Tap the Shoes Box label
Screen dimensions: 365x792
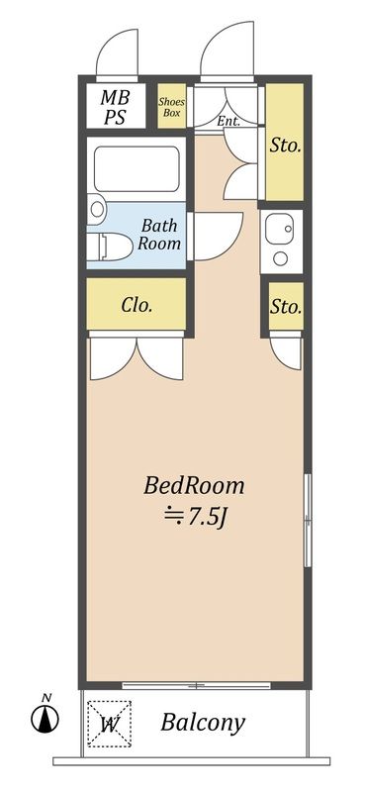(172, 107)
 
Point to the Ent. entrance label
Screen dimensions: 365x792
(228, 121)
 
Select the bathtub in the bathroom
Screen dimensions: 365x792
(137, 169)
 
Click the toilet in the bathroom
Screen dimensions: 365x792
(110, 247)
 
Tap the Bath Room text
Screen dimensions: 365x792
(159, 234)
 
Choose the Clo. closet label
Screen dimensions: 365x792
(137, 305)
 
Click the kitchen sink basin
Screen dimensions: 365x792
(278, 229)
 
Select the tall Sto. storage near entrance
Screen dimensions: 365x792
(285, 142)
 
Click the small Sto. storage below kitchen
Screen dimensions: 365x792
(286, 307)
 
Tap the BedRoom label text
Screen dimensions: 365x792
(194, 486)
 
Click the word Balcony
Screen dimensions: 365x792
(203, 723)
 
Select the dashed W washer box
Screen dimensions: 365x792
(109, 724)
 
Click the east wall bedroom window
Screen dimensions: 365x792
(308, 520)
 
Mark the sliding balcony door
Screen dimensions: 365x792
(197, 685)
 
